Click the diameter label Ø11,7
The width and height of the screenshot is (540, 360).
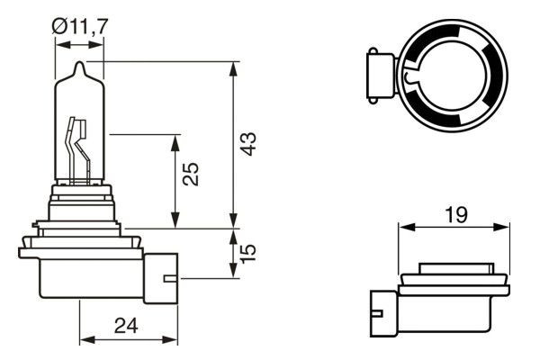[82, 28]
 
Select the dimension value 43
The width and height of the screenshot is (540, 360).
[249, 143]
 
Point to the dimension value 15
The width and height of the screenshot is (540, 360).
[249, 250]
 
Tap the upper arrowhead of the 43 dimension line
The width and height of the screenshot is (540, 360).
[235, 66]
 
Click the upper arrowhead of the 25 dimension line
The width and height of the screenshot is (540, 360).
[175, 140]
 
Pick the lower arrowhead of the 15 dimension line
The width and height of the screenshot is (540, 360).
[235, 275]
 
